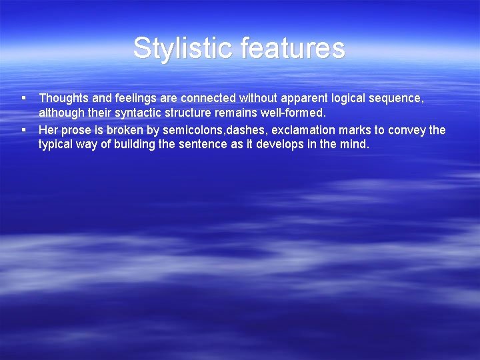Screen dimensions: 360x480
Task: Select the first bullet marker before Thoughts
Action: [23, 98]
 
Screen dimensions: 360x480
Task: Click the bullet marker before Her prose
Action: [23, 129]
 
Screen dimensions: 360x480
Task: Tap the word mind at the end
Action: [355, 144]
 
